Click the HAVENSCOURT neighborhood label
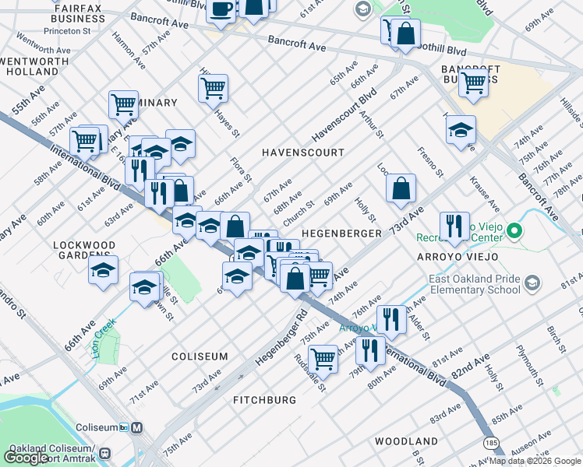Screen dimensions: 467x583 point(303,153)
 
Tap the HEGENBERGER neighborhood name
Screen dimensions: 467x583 point(341,233)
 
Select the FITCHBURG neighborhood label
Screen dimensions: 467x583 point(264,399)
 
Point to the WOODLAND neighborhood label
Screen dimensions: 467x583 point(405,441)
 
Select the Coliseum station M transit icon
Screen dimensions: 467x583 point(136,427)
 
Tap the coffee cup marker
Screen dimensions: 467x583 point(221,9)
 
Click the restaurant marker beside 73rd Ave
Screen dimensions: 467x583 point(454,226)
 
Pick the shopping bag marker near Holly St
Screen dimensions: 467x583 point(401,188)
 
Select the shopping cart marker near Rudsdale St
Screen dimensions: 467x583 point(322,359)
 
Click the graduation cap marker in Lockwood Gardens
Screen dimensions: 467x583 point(103,271)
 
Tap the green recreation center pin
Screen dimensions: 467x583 point(514,231)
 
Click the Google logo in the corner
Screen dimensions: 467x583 point(26,457)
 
